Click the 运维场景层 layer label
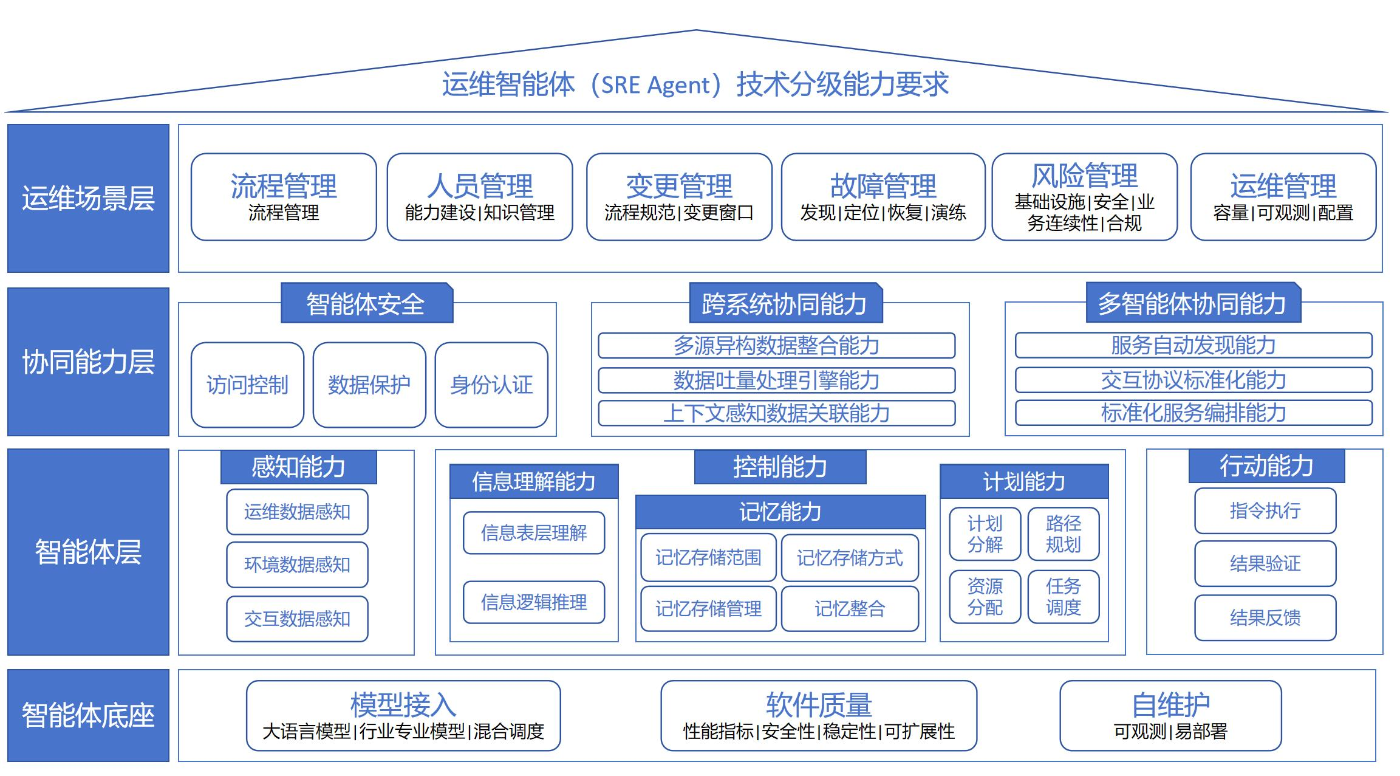[x=88, y=198]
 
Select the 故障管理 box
[x=883, y=197]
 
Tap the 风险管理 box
[x=1084, y=197]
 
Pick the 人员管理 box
[x=479, y=197]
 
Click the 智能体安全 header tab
[x=366, y=303]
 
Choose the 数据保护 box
[x=369, y=385]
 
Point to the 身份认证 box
[x=491, y=385]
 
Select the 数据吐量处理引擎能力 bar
[x=776, y=380]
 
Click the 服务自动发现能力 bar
[x=1193, y=345]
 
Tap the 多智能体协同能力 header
[x=1192, y=303]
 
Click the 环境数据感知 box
[x=297, y=565]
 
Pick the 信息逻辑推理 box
[x=534, y=602]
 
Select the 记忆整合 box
[x=850, y=608]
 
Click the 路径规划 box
[x=1063, y=534]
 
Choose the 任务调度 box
[x=1063, y=597]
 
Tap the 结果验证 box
[x=1265, y=563]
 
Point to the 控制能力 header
[x=780, y=467]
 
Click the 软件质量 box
[x=818, y=715]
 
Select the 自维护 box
[x=1170, y=715]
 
